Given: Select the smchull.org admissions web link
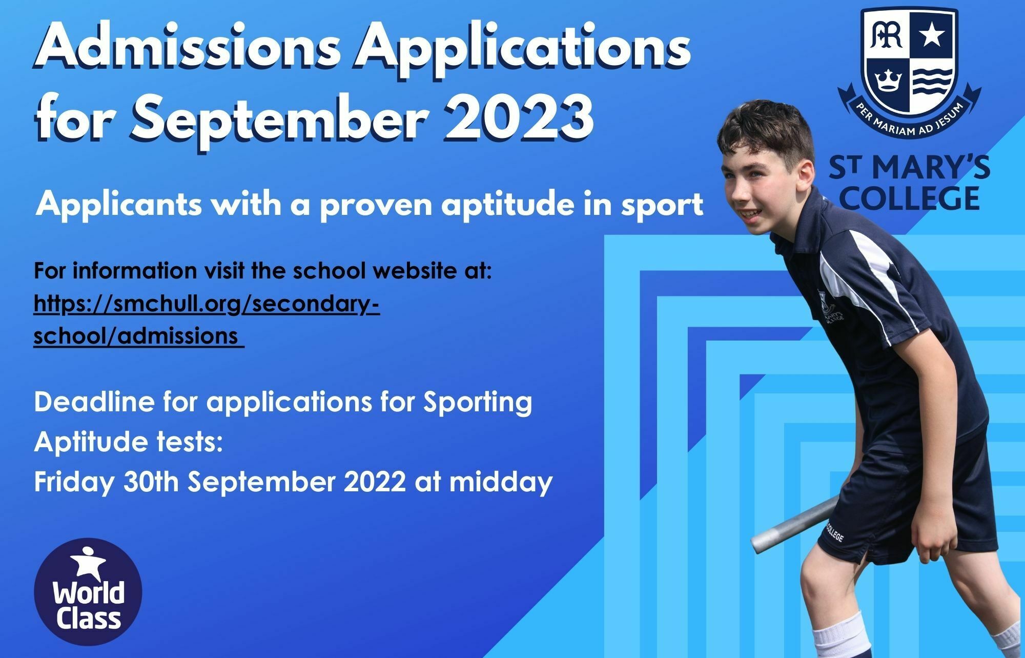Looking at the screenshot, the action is click(x=207, y=320).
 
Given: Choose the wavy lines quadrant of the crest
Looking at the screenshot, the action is click(x=932, y=81).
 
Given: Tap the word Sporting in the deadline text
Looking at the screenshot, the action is click(x=478, y=403).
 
